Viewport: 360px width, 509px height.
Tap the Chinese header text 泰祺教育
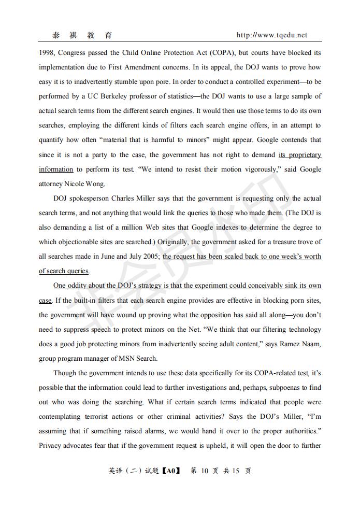[82, 35]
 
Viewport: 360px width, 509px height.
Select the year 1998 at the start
[47, 53]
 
